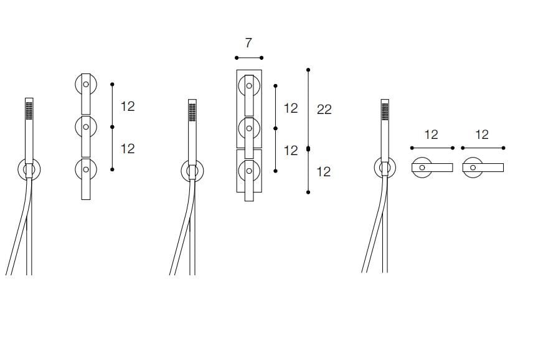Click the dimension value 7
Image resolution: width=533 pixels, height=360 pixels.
[x=248, y=43]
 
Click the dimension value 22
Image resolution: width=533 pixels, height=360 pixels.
[x=324, y=110]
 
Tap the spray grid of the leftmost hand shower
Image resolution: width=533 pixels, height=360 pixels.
[x=29, y=110]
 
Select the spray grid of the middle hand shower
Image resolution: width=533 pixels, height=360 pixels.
[x=192, y=112]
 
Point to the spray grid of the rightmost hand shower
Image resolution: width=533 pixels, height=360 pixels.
[x=385, y=112]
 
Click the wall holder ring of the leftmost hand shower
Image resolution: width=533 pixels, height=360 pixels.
[x=19, y=169]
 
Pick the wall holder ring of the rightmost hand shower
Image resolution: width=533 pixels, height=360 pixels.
[x=375, y=168]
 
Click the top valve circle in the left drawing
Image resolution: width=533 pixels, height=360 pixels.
[x=76, y=84]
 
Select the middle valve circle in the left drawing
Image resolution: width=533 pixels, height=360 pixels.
[x=76, y=127]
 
